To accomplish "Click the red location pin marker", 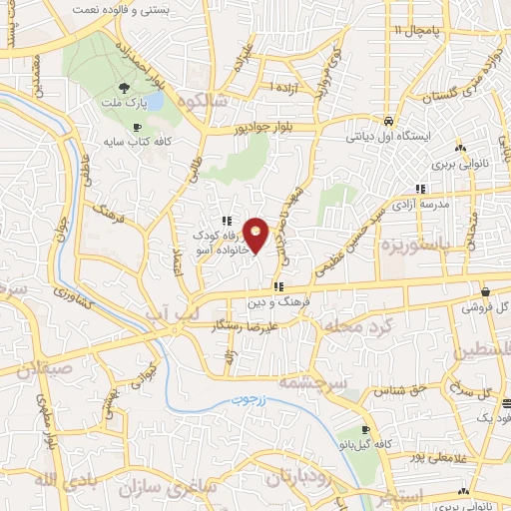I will [x=256, y=235].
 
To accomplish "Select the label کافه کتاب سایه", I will [x=138, y=142].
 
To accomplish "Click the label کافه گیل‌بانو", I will [x=380, y=443].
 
